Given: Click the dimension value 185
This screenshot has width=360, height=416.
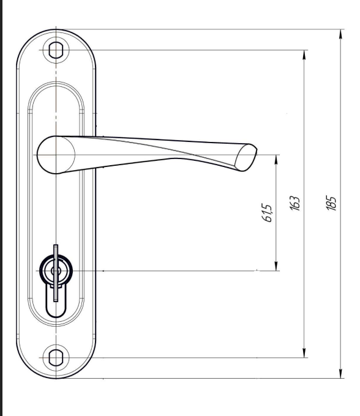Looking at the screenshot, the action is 331,203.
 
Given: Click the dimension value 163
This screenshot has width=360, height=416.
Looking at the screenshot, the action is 294,203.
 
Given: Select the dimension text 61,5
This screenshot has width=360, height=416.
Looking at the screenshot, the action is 267,213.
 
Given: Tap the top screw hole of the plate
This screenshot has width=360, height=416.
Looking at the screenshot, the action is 56,50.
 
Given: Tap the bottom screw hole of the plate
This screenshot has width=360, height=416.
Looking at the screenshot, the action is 56,357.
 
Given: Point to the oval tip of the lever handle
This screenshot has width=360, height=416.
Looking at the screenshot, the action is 246,157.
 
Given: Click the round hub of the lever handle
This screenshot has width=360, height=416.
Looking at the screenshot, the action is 56,155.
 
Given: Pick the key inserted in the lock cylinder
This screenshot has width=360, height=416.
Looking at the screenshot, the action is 56,273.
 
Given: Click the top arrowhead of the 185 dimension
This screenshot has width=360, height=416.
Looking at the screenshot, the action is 341,35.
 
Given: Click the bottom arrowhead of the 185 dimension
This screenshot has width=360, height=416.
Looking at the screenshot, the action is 341,373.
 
